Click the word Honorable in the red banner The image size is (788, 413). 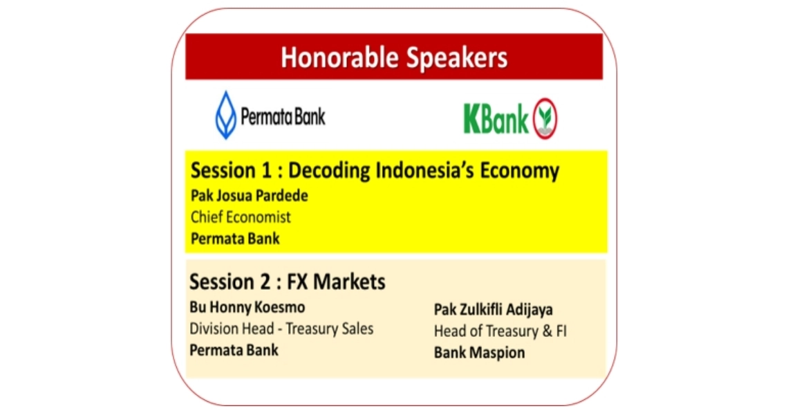pos(340,57)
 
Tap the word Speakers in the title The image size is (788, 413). pos(457,58)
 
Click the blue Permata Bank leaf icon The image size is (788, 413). pos(225,115)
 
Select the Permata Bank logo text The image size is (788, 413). pos(283,117)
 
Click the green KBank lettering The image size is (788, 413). pos(496,119)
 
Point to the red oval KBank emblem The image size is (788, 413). pos(545,119)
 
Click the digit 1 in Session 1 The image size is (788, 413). pos(266,171)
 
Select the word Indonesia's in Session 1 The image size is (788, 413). pos(424,171)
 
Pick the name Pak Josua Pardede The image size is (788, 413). pos(250,195)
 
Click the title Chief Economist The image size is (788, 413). pos(241,217)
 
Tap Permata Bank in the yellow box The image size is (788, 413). pos(235,238)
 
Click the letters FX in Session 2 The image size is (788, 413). pos(297,282)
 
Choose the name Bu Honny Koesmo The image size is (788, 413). pos(247,307)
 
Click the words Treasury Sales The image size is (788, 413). pos(330,329)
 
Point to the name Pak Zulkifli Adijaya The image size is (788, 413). pos(493,310)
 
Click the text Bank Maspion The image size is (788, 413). pos(480,353)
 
